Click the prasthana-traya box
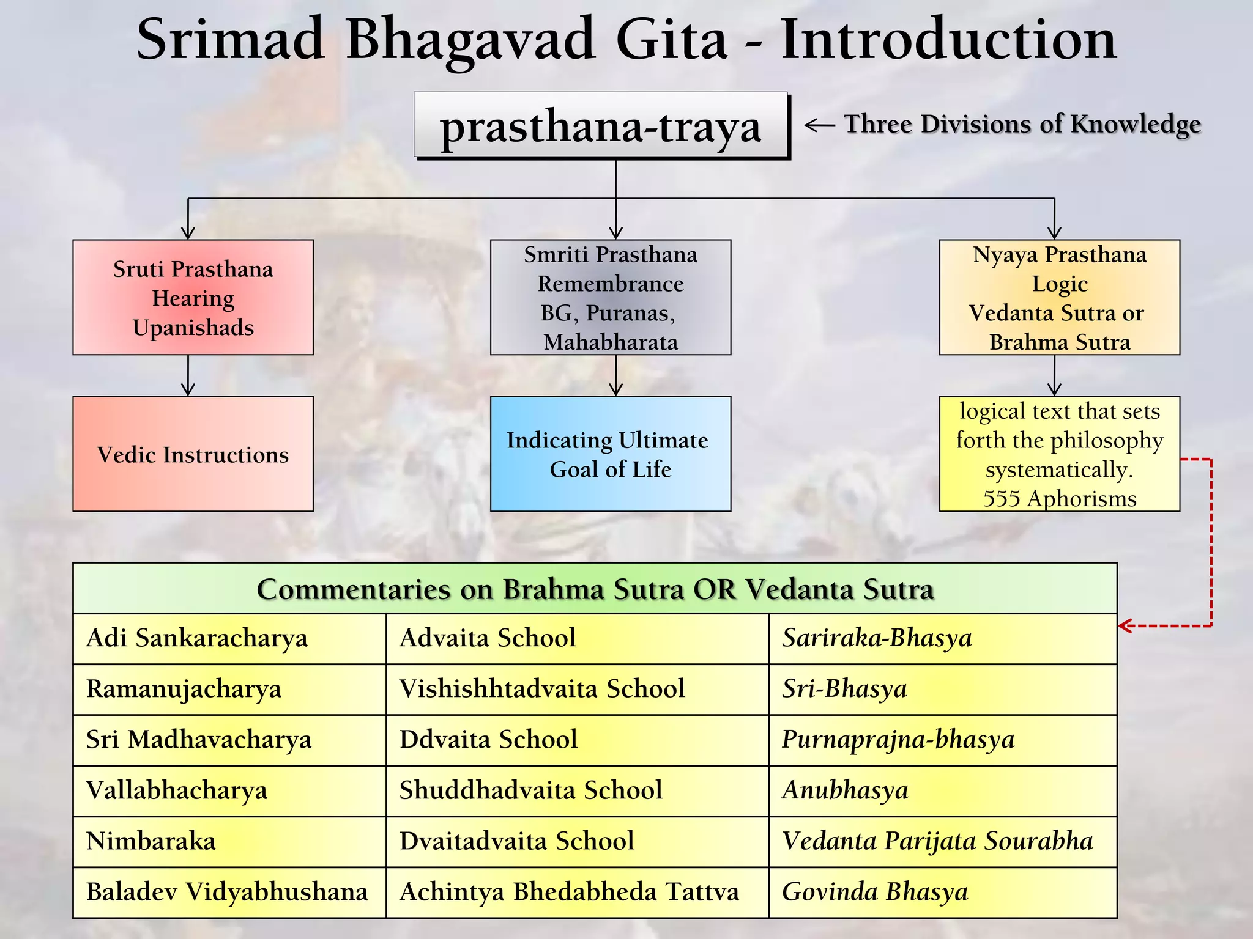pyautogui.click(x=601, y=125)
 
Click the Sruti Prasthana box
pyautogui.click(x=193, y=298)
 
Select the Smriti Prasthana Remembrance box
pyautogui.click(x=610, y=298)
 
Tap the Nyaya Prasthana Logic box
pyautogui.click(x=1059, y=298)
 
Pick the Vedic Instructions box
pyautogui.click(x=193, y=454)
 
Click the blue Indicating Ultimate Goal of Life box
pyautogui.click(x=610, y=454)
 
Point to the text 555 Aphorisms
pyautogui.click(x=1059, y=499)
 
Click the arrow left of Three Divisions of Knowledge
pyautogui.click(x=819, y=125)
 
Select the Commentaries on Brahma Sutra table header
pyautogui.click(x=595, y=589)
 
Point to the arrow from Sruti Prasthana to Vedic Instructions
pyautogui.click(x=188, y=375)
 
